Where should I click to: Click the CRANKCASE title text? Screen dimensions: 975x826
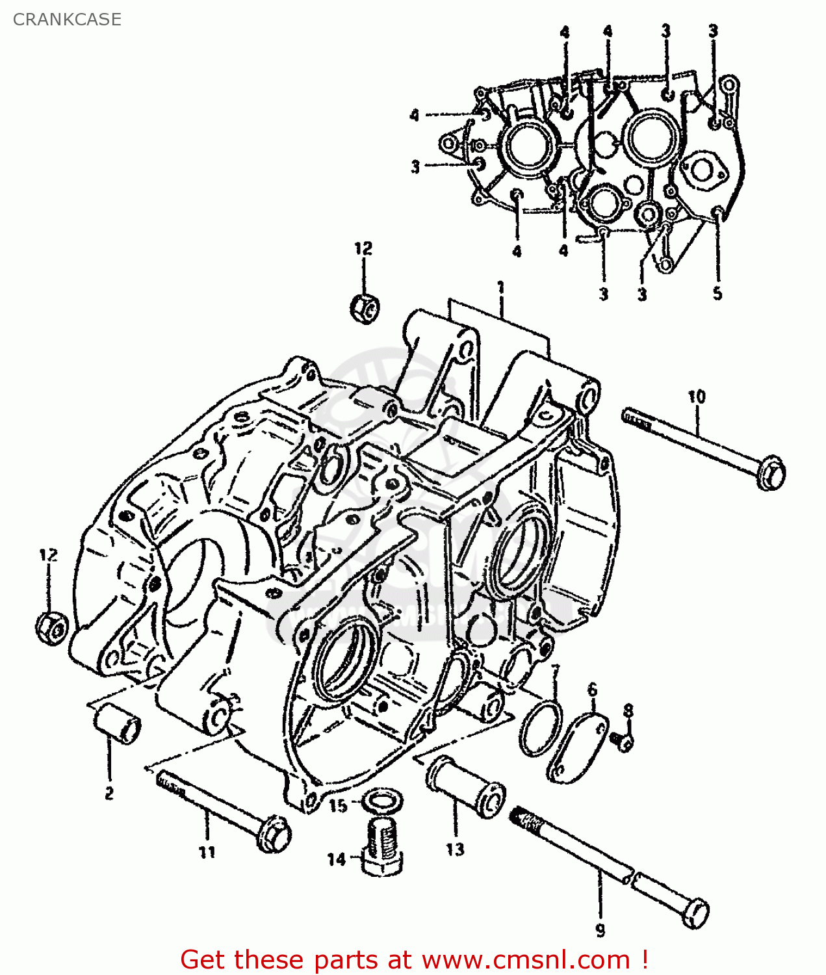point(67,19)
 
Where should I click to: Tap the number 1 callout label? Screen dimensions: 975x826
point(500,287)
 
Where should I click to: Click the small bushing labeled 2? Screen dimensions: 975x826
point(118,723)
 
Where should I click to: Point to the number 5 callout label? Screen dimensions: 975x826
point(717,293)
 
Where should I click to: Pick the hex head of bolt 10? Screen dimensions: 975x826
point(771,473)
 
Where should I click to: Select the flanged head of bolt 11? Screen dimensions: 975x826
point(273,833)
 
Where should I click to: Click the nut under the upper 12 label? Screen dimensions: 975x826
point(365,307)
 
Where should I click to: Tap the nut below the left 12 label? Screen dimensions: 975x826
point(51,627)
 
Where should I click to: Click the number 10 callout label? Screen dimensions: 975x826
point(696,396)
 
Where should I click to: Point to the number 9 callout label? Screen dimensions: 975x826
point(600,931)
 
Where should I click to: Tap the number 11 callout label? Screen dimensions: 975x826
point(207,852)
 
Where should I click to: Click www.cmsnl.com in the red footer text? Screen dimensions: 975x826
point(526,959)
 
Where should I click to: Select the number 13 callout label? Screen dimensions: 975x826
point(455,849)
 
